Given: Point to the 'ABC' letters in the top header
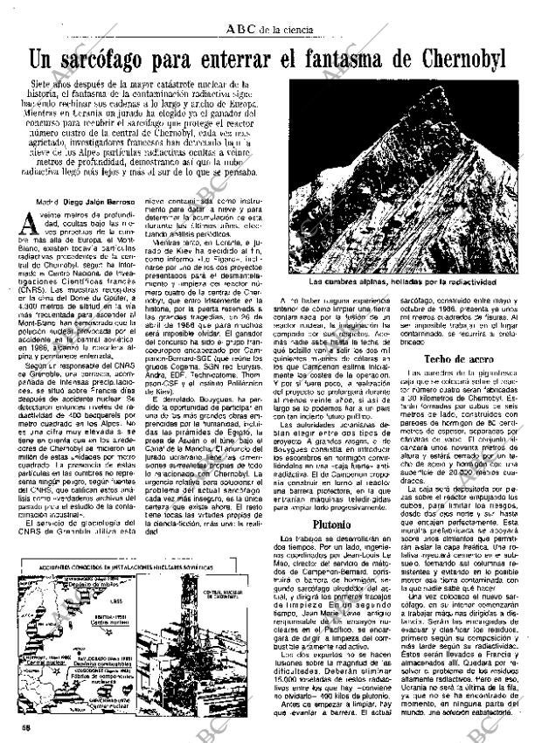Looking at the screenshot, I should [241, 30].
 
